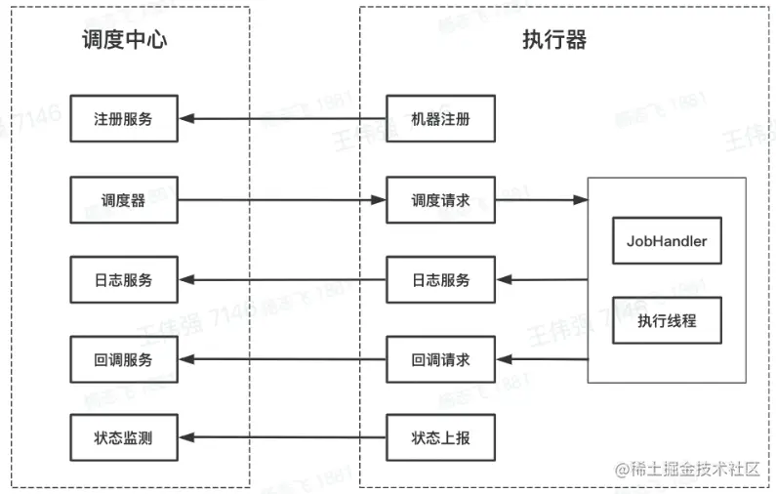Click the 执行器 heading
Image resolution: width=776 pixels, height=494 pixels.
554,40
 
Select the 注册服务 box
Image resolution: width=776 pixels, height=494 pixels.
124,120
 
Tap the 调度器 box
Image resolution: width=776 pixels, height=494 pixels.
124,200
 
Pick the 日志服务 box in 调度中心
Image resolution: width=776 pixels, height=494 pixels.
124,280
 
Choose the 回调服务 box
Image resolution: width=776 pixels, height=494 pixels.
124,359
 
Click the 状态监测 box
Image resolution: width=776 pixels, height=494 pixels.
124,438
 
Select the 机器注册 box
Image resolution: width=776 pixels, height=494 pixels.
440,120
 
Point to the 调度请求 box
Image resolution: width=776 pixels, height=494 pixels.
440,200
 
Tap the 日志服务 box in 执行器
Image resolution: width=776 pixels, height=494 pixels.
440,280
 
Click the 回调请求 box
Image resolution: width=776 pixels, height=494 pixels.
440,359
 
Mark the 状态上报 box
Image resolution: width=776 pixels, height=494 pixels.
440,438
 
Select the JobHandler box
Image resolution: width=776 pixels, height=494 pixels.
667,240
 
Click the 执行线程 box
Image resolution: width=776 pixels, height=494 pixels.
667,320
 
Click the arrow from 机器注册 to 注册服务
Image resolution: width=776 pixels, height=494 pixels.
282,120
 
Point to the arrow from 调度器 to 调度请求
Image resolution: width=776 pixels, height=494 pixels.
282,200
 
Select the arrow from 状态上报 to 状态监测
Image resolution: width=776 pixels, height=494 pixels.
282,438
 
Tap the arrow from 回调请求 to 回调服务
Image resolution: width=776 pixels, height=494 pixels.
282,359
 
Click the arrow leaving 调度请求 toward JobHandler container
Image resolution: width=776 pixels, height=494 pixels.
541,200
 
